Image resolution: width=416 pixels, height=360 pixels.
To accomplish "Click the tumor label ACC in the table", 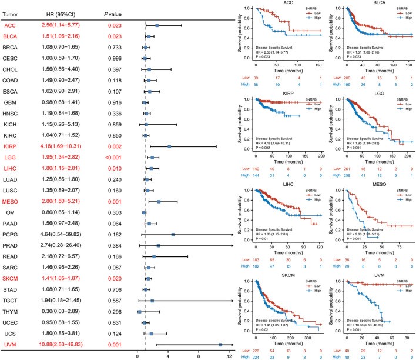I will [10, 26].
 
